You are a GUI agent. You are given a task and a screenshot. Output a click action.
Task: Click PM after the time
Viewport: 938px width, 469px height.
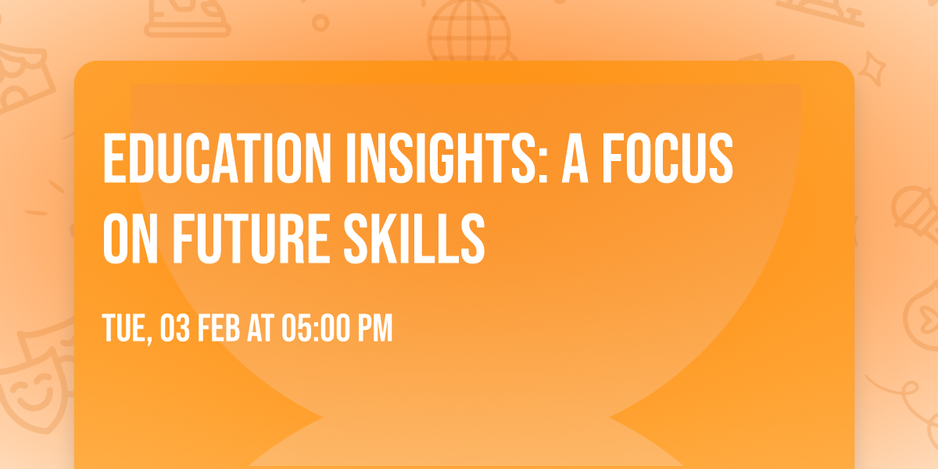pyautogui.click(x=374, y=329)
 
